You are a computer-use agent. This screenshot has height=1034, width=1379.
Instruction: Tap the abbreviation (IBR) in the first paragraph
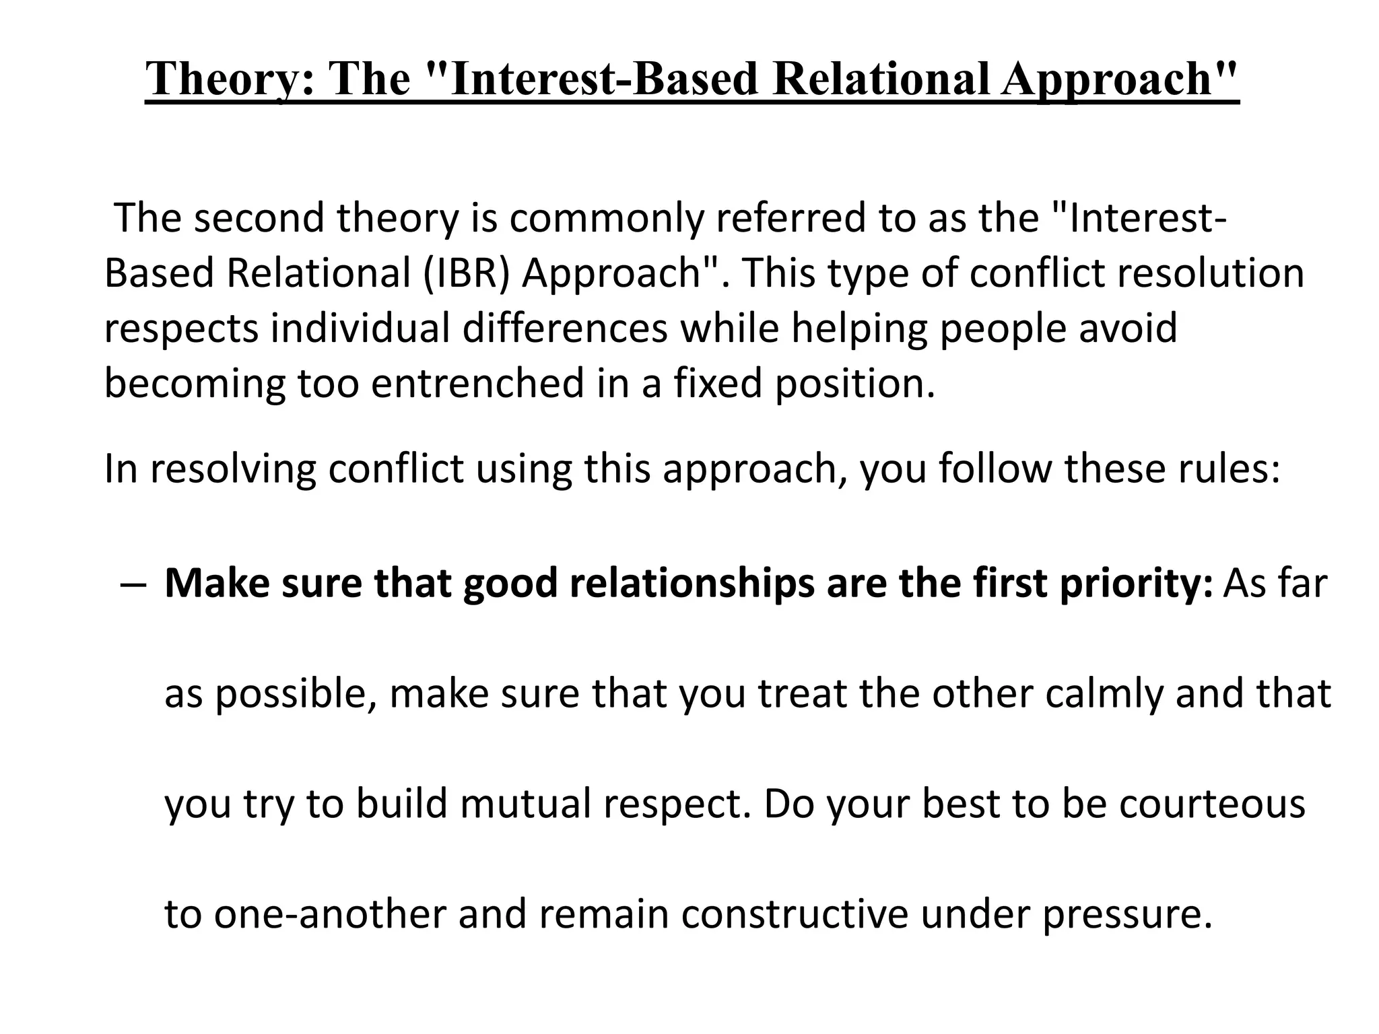point(466,273)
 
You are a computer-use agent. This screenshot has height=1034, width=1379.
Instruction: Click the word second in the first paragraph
point(259,218)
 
